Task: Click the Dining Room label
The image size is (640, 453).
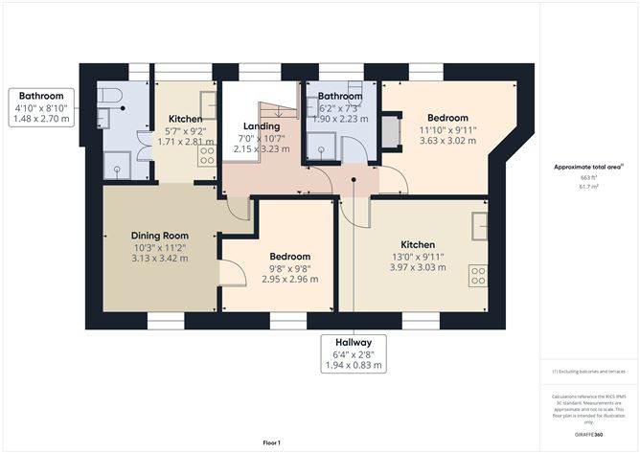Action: [160, 235]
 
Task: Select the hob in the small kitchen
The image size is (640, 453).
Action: [207, 155]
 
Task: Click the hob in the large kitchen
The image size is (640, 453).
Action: [477, 276]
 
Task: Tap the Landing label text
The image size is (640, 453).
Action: [261, 125]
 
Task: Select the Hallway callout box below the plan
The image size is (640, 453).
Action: [354, 353]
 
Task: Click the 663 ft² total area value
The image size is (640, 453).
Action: [588, 178]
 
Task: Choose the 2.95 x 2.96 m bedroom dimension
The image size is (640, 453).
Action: [289, 279]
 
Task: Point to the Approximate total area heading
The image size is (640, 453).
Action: [587, 167]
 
